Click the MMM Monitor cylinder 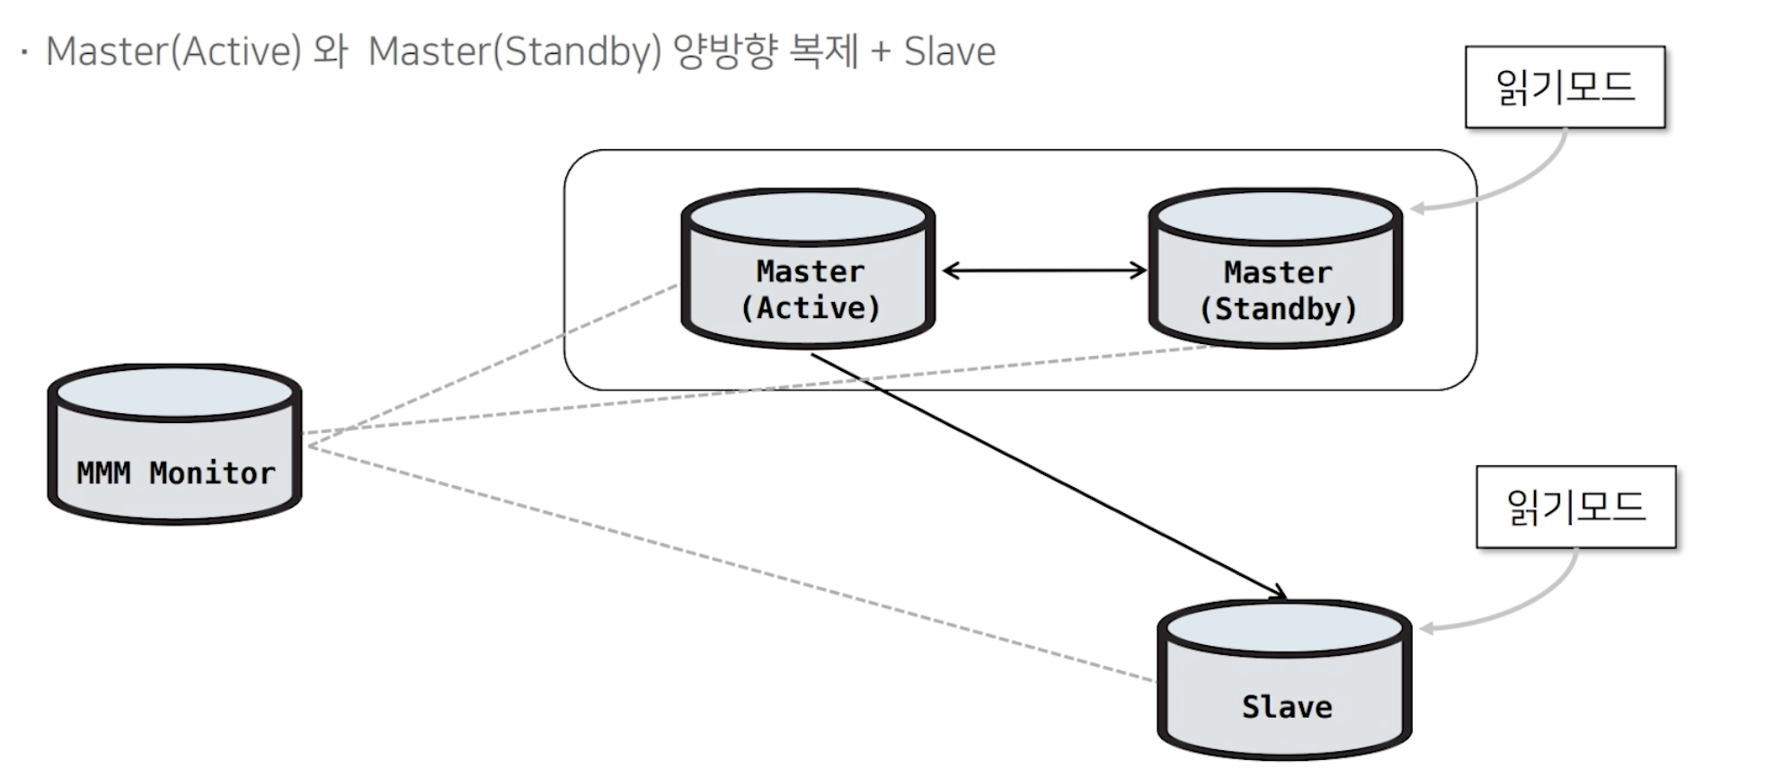(x=174, y=444)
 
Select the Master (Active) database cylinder (x=808, y=268)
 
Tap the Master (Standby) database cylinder (x=1275, y=268)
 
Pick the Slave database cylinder (x=1284, y=680)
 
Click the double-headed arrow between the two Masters (x=1044, y=270)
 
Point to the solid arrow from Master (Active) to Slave (x=1049, y=476)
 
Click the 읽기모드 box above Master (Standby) (x=1565, y=87)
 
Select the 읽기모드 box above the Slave (x=1575, y=507)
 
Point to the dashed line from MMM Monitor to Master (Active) (x=492, y=365)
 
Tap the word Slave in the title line (x=950, y=51)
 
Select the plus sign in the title (x=881, y=52)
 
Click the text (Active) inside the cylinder (x=810, y=308)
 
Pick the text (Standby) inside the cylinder (x=1277, y=309)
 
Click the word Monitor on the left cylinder (x=212, y=473)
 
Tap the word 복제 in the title (x=824, y=51)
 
